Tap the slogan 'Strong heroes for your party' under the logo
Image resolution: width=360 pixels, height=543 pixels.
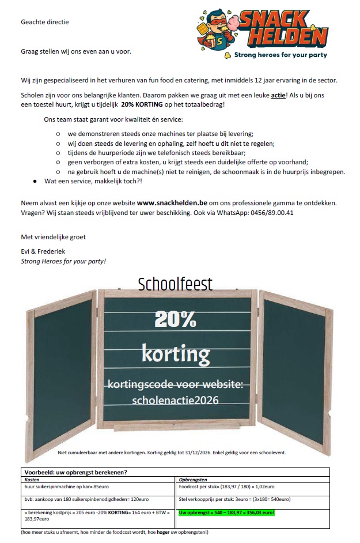pyautogui.click(x=280, y=55)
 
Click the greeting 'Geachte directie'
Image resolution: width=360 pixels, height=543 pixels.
pyautogui.click(x=45, y=22)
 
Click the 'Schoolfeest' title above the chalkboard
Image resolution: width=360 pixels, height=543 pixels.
pyautogui.click(x=175, y=284)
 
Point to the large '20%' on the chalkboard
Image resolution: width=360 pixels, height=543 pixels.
pyautogui.click(x=175, y=318)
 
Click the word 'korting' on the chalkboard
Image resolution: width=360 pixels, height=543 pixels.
pyautogui.click(x=176, y=352)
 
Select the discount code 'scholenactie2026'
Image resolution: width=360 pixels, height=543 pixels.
pyautogui.click(x=176, y=399)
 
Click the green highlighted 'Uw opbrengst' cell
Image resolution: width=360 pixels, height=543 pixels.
pyautogui.click(x=227, y=512)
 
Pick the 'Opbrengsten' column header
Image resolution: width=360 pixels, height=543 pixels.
pyautogui.click(x=194, y=479)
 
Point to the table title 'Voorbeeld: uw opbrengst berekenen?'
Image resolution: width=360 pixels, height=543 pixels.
pyautogui.click(x=75, y=472)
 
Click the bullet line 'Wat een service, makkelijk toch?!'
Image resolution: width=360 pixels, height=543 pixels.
pyautogui.click(x=92, y=181)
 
